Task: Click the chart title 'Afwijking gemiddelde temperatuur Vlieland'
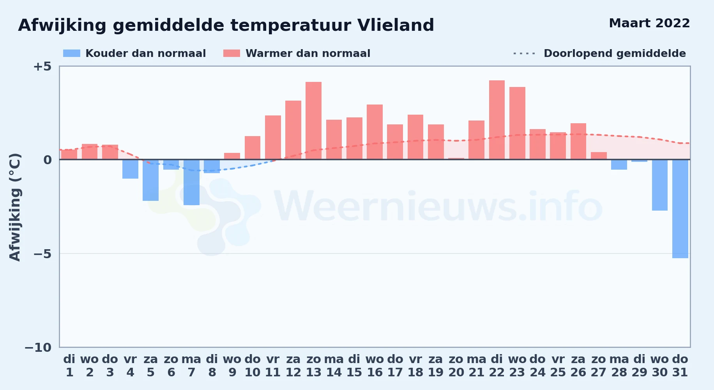(226, 25)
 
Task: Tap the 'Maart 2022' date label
(649, 23)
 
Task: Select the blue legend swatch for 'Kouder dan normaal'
(72, 53)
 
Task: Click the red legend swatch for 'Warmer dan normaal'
(232, 53)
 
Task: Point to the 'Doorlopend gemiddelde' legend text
(615, 53)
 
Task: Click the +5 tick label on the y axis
(42, 66)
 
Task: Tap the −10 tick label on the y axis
(38, 347)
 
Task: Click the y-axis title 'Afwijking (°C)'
(15, 207)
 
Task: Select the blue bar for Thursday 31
(680, 209)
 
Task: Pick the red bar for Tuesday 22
(497, 120)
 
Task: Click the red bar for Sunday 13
(313, 121)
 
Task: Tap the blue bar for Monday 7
(191, 182)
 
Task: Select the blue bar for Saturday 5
(150, 180)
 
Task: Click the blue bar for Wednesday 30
(660, 185)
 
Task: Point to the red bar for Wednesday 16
(375, 132)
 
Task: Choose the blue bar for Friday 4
(130, 169)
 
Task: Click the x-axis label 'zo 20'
(456, 366)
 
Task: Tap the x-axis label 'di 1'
(69, 366)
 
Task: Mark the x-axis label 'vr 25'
(558, 366)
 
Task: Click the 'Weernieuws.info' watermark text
(438, 207)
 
